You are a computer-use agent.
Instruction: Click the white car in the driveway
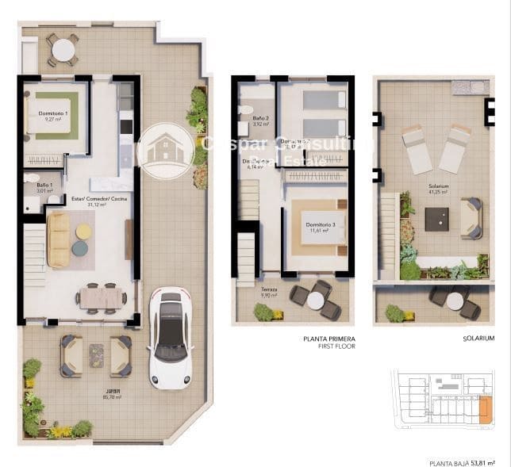click(170, 335)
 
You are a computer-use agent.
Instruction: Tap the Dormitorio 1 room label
click(53, 117)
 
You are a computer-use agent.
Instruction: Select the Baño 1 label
click(44, 187)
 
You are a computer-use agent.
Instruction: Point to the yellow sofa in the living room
click(58, 239)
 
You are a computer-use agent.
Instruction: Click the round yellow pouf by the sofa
click(83, 232)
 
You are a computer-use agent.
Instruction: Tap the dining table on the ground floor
click(101, 297)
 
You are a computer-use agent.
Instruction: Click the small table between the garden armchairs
click(96, 354)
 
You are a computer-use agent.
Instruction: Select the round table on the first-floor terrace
click(316, 300)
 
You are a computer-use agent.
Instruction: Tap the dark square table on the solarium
click(436, 219)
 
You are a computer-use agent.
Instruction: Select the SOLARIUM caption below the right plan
click(478, 338)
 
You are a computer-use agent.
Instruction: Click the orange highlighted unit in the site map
click(485, 409)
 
